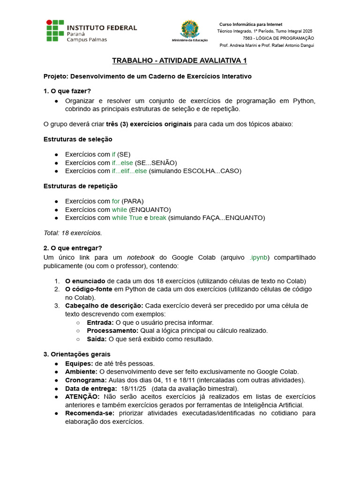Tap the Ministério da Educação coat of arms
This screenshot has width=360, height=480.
coord(189,29)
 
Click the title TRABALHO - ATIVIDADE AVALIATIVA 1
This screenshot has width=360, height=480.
coord(180,61)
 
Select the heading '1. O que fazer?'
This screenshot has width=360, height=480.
coord(67,90)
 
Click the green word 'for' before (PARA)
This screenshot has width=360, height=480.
coord(116,201)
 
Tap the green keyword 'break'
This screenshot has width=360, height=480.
coord(158,217)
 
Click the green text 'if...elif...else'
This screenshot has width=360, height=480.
coord(129,171)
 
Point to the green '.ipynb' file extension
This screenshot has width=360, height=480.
coord(259,257)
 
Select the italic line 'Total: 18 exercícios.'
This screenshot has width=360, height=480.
coord(73,232)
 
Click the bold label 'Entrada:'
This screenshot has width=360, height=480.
coord(100,322)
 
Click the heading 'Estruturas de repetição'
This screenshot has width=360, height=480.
coord(80,186)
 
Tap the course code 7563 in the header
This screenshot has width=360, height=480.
coord(248,38)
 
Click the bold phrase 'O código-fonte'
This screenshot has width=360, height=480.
coord(89,289)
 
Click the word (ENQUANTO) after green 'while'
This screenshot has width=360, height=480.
coord(150,210)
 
